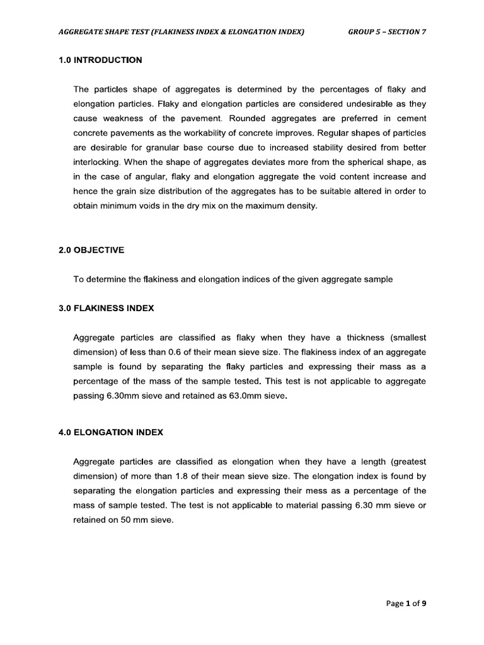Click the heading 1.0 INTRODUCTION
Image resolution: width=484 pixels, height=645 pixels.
100,60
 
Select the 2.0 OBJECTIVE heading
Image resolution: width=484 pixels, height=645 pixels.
91,250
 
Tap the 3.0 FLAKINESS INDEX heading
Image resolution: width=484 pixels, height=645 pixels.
107,309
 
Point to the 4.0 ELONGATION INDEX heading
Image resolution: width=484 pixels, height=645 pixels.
110,432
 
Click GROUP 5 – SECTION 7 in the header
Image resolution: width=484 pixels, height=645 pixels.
387,32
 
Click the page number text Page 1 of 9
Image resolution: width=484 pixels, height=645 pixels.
406,603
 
